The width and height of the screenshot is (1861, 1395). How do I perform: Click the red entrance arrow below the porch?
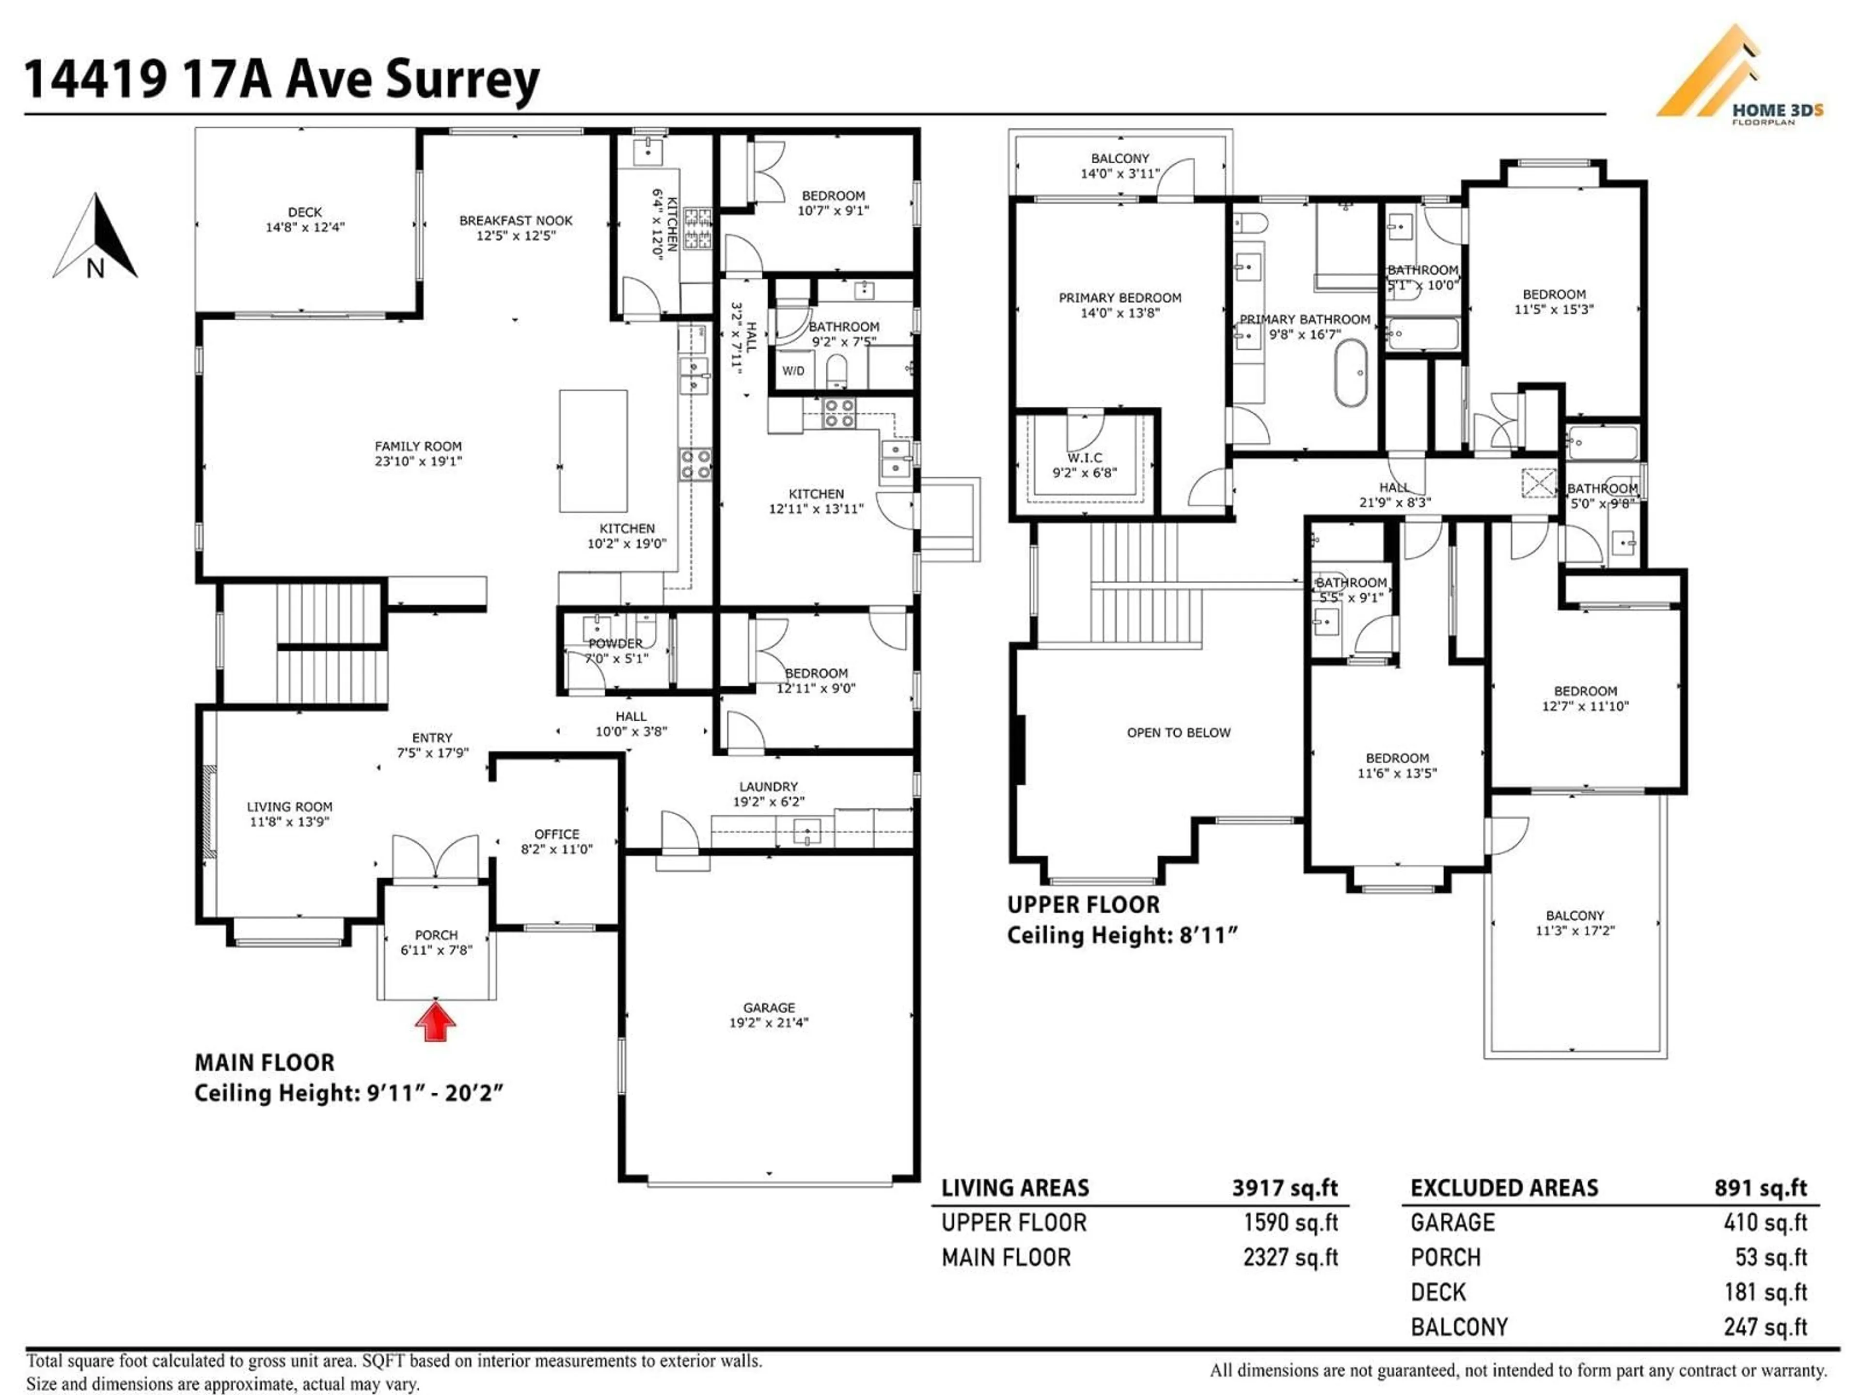[435, 1023]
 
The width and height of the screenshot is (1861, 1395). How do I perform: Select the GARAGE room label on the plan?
[768, 1014]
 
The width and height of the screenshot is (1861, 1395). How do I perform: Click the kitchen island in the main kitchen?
[593, 450]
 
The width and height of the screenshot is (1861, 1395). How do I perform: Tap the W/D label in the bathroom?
[792, 371]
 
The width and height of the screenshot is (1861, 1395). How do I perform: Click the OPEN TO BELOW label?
[1178, 732]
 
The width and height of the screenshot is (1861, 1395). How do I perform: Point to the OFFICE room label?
[556, 841]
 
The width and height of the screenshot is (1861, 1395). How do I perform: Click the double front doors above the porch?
[435, 858]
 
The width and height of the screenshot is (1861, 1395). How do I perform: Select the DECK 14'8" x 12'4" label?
[304, 219]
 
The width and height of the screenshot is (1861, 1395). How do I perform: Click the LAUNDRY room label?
[768, 794]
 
